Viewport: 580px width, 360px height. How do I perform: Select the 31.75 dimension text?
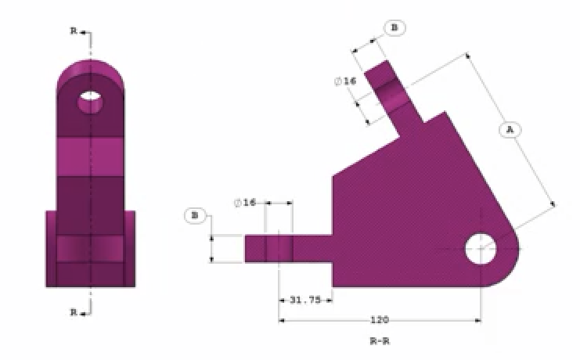[x=304, y=300]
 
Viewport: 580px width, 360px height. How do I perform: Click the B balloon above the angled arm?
[x=394, y=28]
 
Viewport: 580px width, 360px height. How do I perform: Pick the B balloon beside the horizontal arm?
[x=195, y=214]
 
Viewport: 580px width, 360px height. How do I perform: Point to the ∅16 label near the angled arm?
[x=344, y=81]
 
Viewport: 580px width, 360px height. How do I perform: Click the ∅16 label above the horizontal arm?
[x=245, y=203]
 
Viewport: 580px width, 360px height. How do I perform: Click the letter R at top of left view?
[x=74, y=32]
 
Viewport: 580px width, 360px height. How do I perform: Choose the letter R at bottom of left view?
[x=74, y=312]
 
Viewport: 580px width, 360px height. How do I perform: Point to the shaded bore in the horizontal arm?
[x=279, y=250]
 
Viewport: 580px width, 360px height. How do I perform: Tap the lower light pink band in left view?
[x=90, y=249]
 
